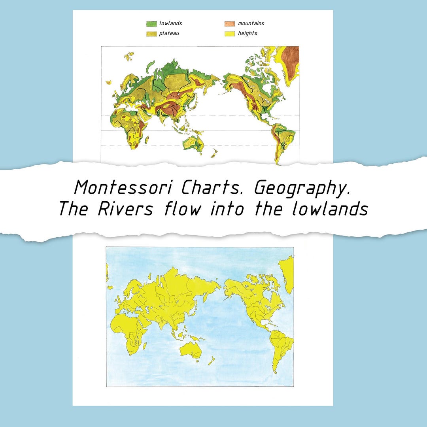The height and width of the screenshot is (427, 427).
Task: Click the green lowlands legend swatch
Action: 151,24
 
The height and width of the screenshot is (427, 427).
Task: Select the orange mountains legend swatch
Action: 230,24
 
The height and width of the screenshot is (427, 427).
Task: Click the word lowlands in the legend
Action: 170,23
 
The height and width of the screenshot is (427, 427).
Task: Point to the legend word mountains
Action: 251,23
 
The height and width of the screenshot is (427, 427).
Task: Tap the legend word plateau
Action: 169,34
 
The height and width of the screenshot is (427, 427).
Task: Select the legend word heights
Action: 248,34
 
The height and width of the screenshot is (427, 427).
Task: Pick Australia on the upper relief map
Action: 194,143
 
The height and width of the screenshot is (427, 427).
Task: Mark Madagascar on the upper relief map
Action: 147,140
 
